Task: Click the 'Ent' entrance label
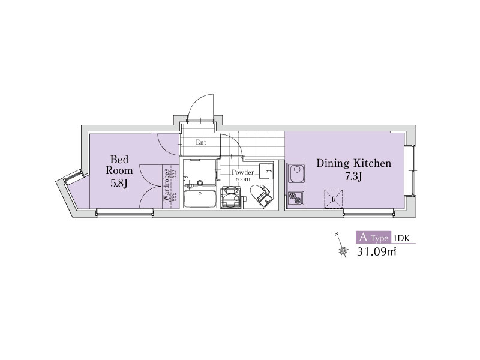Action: click(x=201, y=142)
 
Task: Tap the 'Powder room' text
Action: click(x=243, y=175)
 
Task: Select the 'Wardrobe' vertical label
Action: click(x=166, y=186)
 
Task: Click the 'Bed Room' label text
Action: click(x=119, y=165)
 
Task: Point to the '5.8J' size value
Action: click(x=119, y=184)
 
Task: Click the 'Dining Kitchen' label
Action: click(x=353, y=163)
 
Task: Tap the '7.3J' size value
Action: click(x=354, y=176)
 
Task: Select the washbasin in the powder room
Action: click(x=266, y=171)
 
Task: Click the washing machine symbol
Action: click(x=231, y=197)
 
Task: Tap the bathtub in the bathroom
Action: click(x=200, y=199)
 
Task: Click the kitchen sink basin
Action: click(x=296, y=173)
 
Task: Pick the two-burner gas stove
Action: click(x=296, y=198)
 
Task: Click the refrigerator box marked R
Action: click(x=334, y=199)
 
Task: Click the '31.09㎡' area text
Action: click(x=377, y=251)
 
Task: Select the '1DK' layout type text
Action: click(x=401, y=238)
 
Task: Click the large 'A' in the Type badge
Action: click(x=363, y=237)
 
